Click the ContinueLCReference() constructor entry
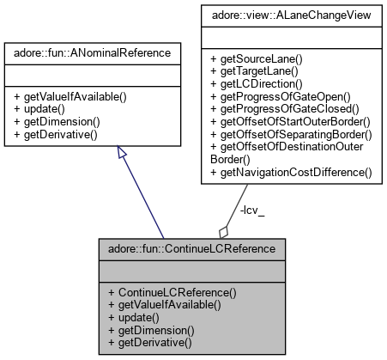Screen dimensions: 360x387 (172, 292)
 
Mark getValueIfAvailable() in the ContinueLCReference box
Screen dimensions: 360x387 (166, 304)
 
